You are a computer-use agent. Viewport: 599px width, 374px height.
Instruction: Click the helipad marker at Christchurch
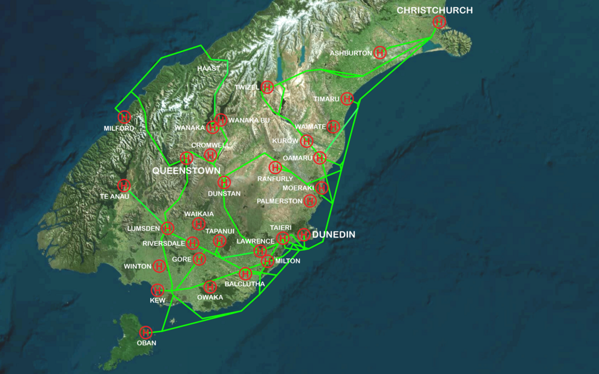438,22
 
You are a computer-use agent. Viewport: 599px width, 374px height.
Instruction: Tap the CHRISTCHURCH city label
434,10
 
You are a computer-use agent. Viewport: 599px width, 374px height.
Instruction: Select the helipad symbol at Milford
124,117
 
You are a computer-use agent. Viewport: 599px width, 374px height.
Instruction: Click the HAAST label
208,69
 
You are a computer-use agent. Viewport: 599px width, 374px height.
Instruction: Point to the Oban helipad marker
146,332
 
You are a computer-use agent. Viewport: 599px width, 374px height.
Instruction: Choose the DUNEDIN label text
334,235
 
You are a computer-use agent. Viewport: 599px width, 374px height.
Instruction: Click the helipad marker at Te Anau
123,186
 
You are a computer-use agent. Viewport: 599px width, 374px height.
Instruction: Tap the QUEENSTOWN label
186,171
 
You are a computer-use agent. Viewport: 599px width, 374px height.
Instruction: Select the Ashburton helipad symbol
379,53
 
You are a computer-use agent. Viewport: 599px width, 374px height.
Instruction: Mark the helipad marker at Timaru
347,99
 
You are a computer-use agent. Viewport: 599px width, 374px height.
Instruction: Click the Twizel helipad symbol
268,87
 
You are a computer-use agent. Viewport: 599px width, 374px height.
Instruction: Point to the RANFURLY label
275,179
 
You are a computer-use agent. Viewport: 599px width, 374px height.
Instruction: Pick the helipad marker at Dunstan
224,183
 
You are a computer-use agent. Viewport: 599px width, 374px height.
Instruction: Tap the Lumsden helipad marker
167,228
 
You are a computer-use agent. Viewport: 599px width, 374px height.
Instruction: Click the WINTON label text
137,266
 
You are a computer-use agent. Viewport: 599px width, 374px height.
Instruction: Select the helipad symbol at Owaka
210,287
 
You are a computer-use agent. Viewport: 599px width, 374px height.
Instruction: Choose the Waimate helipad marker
334,126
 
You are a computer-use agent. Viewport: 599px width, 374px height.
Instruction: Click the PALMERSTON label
279,201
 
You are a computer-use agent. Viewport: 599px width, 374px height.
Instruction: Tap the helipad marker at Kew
158,290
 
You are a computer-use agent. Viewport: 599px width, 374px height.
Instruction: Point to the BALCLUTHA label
244,284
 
